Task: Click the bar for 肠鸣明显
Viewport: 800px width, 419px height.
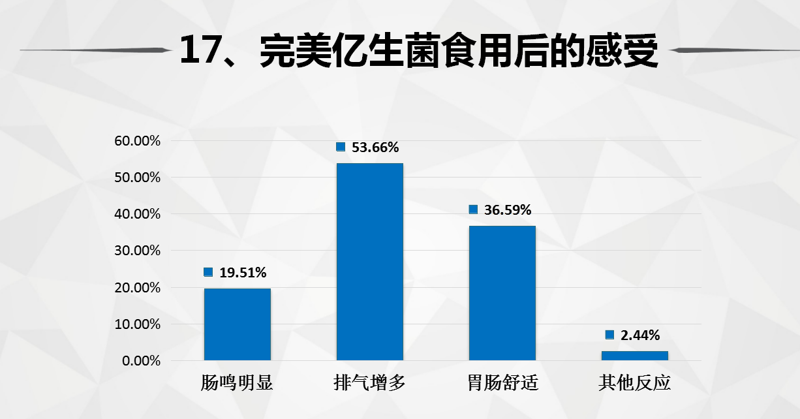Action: tap(237, 324)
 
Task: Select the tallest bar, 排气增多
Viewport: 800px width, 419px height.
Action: tap(369, 261)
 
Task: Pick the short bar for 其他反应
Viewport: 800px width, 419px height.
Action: tap(634, 355)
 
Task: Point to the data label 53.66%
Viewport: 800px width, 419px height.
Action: tap(375, 147)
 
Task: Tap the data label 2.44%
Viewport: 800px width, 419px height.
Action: tap(640, 335)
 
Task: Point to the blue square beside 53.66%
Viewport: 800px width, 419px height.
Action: tap(341, 147)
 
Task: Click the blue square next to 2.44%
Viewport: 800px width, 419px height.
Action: tap(609, 335)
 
